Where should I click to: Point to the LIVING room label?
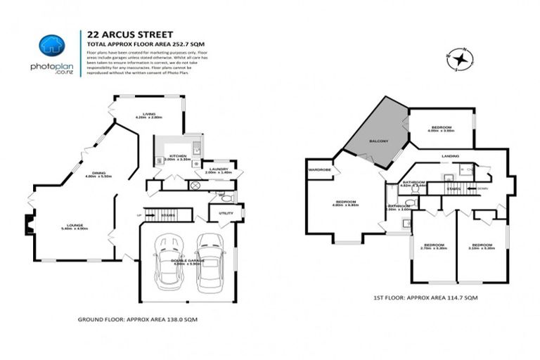(148, 114)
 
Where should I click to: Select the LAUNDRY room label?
(217, 168)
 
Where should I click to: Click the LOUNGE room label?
(73, 225)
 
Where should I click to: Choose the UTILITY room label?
(225, 212)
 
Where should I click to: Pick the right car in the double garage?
(209, 261)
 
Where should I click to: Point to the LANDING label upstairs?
(451, 155)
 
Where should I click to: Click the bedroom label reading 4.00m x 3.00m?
(442, 129)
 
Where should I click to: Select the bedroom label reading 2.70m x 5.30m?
(434, 246)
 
